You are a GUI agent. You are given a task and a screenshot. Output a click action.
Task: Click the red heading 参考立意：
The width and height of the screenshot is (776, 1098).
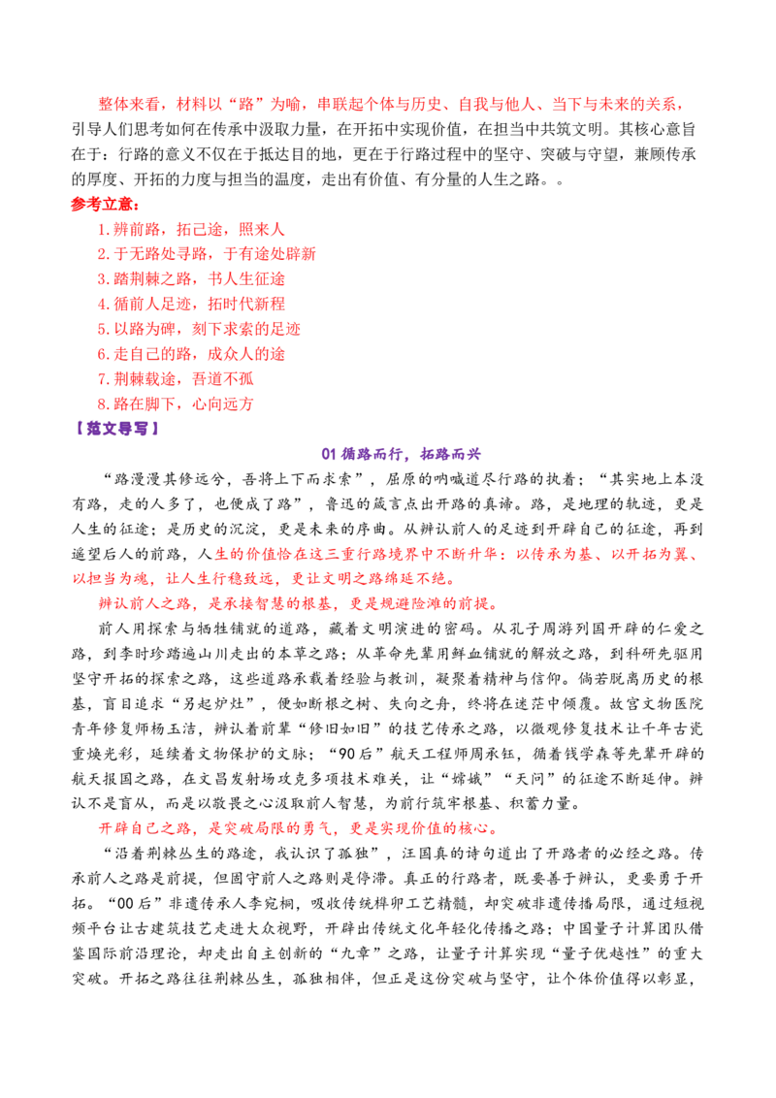pyautogui.click(x=105, y=205)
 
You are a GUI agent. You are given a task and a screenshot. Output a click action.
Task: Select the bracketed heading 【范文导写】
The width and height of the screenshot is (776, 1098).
pyautogui.click(x=117, y=429)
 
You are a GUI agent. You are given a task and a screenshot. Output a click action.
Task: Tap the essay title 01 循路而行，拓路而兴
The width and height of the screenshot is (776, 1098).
pyautogui.click(x=402, y=454)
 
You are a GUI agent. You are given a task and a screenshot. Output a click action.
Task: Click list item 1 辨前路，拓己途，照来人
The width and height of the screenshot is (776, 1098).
pyautogui.click(x=191, y=229)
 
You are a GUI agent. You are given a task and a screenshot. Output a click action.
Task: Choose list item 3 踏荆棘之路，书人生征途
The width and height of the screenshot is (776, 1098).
pyautogui.click(x=191, y=278)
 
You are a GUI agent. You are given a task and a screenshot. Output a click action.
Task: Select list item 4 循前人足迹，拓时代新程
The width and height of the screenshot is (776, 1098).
pyautogui.click(x=191, y=304)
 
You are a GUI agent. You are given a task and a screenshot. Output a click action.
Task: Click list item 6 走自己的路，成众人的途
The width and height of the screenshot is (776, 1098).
pyautogui.click(x=191, y=354)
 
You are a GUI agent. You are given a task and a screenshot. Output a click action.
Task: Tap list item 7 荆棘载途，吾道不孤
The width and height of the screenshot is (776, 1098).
pyautogui.click(x=176, y=379)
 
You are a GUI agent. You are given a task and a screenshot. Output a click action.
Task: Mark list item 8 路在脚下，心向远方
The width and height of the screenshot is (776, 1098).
pyautogui.click(x=176, y=404)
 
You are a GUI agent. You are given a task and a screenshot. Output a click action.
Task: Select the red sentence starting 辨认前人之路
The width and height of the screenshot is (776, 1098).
pyautogui.click(x=299, y=603)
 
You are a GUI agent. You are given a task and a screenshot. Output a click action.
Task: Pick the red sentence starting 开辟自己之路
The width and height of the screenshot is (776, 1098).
pyautogui.click(x=299, y=828)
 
